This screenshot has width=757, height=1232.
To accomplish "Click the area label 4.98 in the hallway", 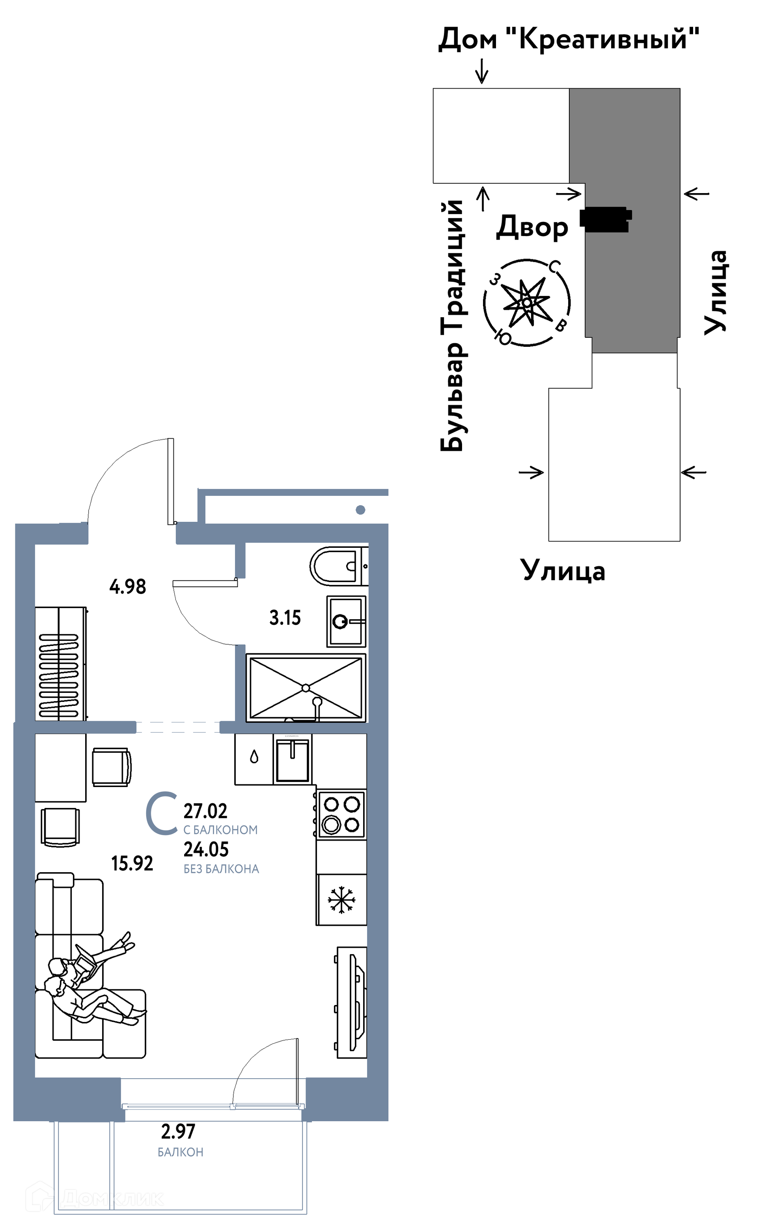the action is pyautogui.click(x=128, y=586).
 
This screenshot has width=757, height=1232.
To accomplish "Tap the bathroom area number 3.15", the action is pyautogui.click(x=285, y=618).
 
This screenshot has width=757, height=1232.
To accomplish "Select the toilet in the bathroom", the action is pyautogui.click(x=338, y=566).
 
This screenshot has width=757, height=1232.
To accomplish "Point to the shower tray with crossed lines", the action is pyautogui.click(x=306, y=688).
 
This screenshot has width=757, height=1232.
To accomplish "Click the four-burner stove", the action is pyautogui.click(x=341, y=814).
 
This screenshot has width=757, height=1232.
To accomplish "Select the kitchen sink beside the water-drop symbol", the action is pyautogui.click(x=293, y=759).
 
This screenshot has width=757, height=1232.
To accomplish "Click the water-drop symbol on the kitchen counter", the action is pyautogui.click(x=254, y=757).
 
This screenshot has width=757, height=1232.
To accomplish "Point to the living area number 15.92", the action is pyautogui.click(x=132, y=864).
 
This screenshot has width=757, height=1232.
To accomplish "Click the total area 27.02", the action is pyautogui.click(x=205, y=811).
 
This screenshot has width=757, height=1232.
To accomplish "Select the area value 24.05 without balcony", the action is pyautogui.click(x=206, y=849).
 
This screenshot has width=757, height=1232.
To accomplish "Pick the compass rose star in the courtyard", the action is pyautogui.click(x=527, y=303).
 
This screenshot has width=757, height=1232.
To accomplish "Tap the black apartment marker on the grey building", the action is pyautogui.click(x=605, y=219).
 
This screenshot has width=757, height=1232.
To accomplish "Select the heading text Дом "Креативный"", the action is pyautogui.click(x=569, y=39).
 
